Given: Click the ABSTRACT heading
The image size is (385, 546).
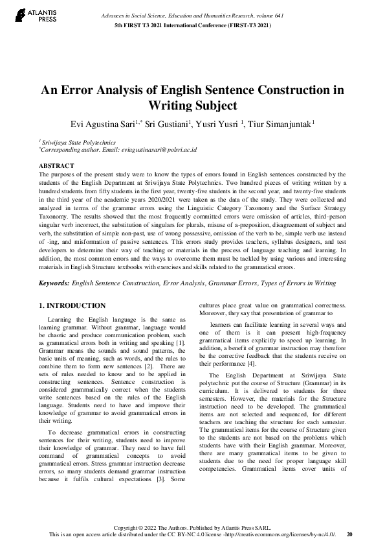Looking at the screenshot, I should coord(57,166).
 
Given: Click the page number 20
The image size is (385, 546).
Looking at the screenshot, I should coord(350,534).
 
